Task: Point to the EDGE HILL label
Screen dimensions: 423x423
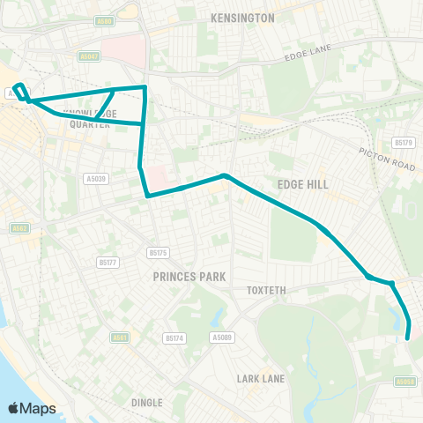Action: (x=302, y=183)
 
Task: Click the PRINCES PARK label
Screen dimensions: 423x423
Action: (x=189, y=276)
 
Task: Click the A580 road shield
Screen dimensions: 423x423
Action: (x=105, y=20)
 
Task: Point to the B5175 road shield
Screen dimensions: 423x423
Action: (x=158, y=253)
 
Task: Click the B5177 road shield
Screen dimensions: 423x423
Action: (x=107, y=262)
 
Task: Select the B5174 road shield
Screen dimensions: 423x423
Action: (x=174, y=337)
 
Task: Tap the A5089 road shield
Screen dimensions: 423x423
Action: (x=221, y=337)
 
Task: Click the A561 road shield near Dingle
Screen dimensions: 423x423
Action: (x=121, y=337)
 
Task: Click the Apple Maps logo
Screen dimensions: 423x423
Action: (x=33, y=408)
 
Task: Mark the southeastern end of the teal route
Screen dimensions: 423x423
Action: (x=407, y=337)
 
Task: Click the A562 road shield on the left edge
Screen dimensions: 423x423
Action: (x=19, y=228)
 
